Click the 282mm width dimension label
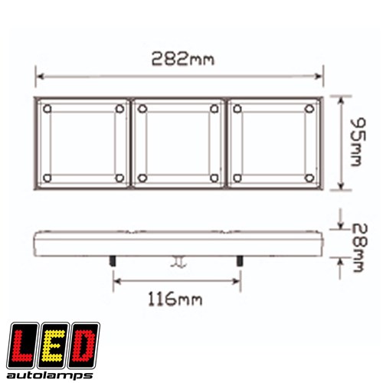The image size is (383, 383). coord(183,59)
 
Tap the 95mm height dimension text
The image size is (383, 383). coord(358,142)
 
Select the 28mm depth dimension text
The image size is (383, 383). coord(360,247)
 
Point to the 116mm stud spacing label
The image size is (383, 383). coord(175,299)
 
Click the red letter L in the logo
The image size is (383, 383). coord(22,345)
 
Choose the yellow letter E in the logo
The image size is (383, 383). coord(53,345)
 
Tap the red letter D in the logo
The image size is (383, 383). coord(84,345)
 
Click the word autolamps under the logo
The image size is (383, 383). coord(50,375)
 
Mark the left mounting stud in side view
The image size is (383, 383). coord(113,261)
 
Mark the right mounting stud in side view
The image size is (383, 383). coord(240,261)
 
